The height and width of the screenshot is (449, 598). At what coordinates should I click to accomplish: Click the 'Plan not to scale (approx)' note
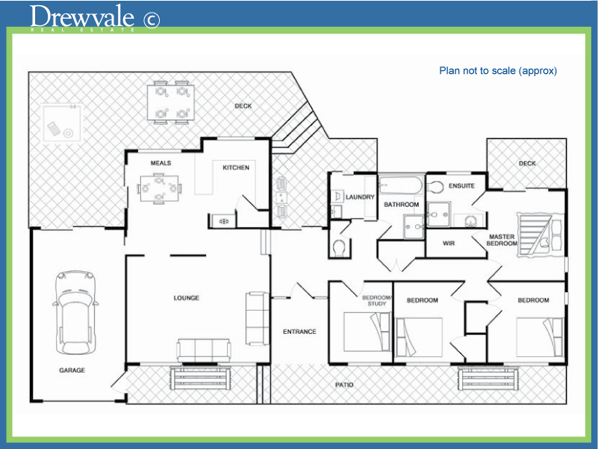point(498,71)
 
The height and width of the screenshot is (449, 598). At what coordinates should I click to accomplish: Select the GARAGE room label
point(72,371)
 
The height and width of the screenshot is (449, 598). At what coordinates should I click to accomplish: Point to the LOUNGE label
point(186,298)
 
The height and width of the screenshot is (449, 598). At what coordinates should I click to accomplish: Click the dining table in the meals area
point(160,188)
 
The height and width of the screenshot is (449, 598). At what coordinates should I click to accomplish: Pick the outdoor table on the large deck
point(171,102)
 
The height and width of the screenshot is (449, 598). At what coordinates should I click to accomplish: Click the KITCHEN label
point(236,167)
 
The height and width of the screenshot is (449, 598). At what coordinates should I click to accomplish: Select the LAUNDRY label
point(359,197)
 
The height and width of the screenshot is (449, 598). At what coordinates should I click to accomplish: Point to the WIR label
point(449,243)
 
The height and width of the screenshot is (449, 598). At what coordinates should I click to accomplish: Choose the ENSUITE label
point(461,185)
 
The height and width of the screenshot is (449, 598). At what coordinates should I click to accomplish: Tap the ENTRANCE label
point(299,332)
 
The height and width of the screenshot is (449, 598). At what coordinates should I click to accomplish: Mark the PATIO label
point(344,385)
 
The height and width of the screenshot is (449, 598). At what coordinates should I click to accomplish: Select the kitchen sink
point(222,220)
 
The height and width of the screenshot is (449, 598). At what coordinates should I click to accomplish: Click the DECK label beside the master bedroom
point(527,163)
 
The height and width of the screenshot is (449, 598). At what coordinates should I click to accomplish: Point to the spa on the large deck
point(61,123)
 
